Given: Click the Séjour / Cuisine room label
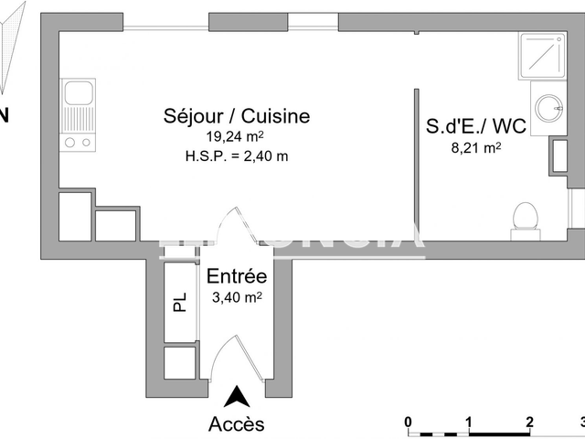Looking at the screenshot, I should click(237, 116).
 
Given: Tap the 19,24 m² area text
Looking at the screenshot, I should click(237, 136).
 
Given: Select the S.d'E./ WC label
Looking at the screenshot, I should click(476, 126).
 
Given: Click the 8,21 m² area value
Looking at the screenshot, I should click(476, 146).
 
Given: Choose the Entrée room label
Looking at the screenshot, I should click(236, 277).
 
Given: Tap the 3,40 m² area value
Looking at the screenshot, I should click(236, 296).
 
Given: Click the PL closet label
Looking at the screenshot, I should click(181, 303).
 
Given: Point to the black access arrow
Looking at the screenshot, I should click(237, 396).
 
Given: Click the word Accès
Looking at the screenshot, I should click(237, 423).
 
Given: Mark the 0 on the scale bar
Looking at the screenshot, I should click(409, 422).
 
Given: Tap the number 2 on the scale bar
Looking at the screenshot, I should click(529, 422).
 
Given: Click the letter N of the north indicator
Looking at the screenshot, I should click(5, 115).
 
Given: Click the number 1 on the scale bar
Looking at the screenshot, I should click(469, 422).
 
